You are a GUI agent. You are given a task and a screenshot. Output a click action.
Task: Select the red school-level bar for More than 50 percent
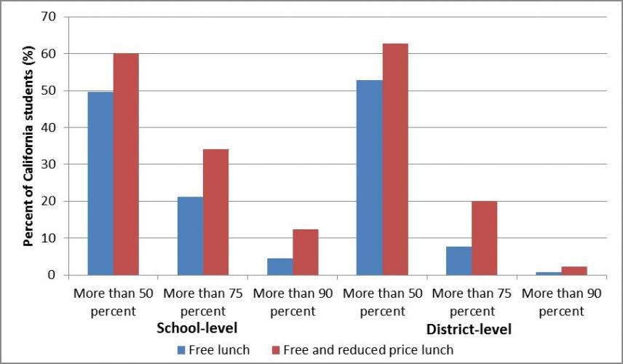click(x=126, y=165)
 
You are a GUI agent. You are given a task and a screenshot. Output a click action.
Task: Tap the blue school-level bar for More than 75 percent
click(x=190, y=236)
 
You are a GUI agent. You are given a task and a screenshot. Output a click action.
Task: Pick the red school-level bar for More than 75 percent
click(x=215, y=212)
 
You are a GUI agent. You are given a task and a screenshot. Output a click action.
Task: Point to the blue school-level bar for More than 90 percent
click(x=279, y=266)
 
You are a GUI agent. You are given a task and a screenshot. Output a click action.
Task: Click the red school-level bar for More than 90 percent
click(x=306, y=252)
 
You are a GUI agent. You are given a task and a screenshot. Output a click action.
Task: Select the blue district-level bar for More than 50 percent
click(x=370, y=178)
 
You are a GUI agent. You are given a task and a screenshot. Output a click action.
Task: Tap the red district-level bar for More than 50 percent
click(x=395, y=159)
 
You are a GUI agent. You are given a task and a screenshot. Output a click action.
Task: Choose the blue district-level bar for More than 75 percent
click(x=459, y=261)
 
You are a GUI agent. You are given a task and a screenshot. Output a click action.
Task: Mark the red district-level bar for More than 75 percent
click(x=485, y=238)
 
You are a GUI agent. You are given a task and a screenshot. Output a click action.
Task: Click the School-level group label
click(x=197, y=328)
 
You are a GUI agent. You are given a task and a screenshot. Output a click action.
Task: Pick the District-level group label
click(x=469, y=329)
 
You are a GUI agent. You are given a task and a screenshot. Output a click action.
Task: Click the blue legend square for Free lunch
click(x=180, y=350)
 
